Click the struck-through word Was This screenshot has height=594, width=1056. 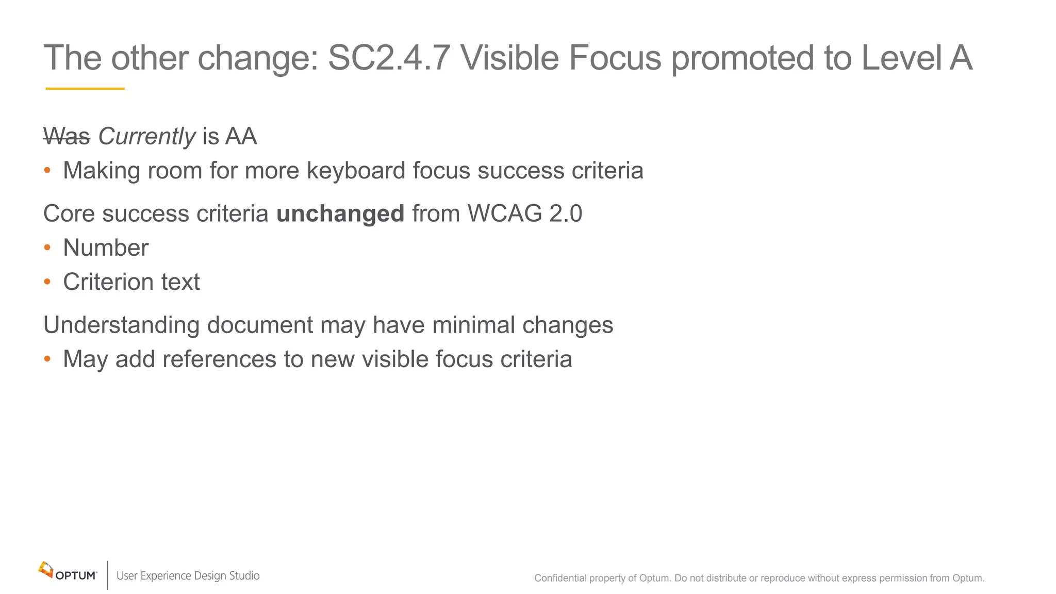[x=67, y=137]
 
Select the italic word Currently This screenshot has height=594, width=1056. [x=146, y=137]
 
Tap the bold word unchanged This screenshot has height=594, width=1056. [x=340, y=214]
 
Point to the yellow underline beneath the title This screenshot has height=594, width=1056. [x=85, y=89]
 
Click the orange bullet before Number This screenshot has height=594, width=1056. [x=47, y=248]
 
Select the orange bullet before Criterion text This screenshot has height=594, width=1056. [x=47, y=282]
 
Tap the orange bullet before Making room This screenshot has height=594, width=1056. [x=47, y=171]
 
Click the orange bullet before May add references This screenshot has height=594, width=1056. [x=47, y=359]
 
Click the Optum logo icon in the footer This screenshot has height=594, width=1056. [x=46, y=570]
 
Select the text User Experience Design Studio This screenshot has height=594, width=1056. [x=188, y=576]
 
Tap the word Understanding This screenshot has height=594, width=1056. [x=121, y=325]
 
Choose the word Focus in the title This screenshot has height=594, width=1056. [x=615, y=58]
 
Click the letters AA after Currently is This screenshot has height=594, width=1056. [x=241, y=137]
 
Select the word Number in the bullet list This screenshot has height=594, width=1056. [x=106, y=248]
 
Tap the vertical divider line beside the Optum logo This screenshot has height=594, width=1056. [x=108, y=575]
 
